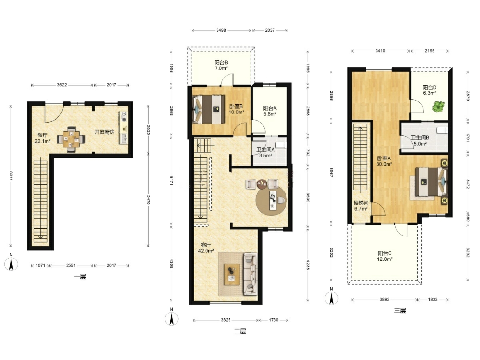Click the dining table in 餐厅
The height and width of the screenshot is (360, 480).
pos(71,139)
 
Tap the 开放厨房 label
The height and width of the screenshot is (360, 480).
pos(104,132)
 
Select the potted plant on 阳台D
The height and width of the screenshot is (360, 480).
pos(438,106)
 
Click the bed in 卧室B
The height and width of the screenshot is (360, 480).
pos(208,109)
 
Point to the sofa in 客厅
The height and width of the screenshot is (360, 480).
pos(250,274)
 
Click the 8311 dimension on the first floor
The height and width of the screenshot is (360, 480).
pos(11,176)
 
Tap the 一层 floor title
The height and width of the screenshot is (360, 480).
pos(80,277)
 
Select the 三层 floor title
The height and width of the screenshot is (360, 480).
pos(400,311)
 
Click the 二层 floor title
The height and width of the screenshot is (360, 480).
pos(240,331)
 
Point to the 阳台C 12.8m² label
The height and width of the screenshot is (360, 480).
pos(385,256)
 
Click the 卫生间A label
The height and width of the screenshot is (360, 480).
pos(265,150)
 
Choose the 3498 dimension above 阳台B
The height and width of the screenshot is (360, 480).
pos(221,30)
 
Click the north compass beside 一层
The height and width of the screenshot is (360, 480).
pos(11,263)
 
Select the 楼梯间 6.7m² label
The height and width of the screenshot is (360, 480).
pos(361,206)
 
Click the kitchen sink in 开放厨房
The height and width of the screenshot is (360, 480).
pos(124,138)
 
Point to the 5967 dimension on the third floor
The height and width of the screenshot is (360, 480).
pos(331,172)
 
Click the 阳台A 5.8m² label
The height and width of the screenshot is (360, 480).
pos(270,111)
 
